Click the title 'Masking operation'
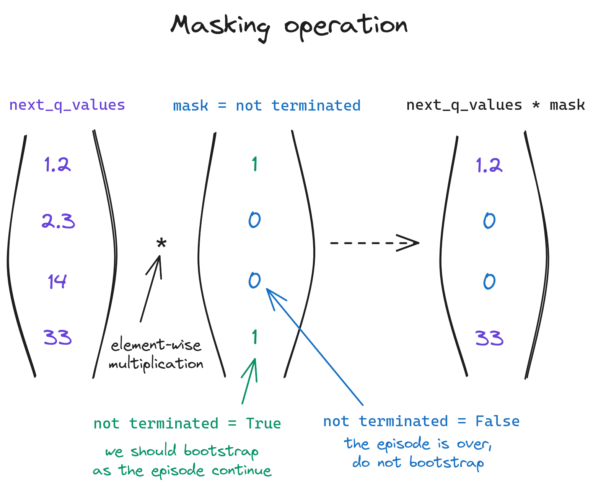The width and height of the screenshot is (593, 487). (x=289, y=26)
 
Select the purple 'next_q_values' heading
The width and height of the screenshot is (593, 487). (x=67, y=105)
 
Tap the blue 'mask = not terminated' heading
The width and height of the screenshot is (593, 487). (x=267, y=106)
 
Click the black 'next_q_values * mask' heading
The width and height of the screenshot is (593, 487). (x=495, y=105)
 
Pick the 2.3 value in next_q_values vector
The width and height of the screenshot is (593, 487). (x=58, y=222)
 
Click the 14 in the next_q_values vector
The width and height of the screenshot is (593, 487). (x=57, y=281)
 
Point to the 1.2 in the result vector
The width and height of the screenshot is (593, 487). (x=489, y=165)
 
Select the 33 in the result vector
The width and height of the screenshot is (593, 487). (x=489, y=338)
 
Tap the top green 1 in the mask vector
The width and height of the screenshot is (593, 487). (x=254, y=164)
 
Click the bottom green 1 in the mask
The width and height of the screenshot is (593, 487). (x=254, y=337)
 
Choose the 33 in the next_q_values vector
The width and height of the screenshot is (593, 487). (x=58, y=337)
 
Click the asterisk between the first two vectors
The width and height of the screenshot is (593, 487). (x=161, y=244)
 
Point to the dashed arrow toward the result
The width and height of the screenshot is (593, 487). (x=374, y=243)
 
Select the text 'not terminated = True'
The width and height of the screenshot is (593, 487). (x=187, y=423)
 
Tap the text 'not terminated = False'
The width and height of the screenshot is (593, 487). (x=421, y=421)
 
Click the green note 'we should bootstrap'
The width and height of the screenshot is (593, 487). (x=182, y=451)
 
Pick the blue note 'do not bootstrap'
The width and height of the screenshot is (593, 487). (x=418, y=463)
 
